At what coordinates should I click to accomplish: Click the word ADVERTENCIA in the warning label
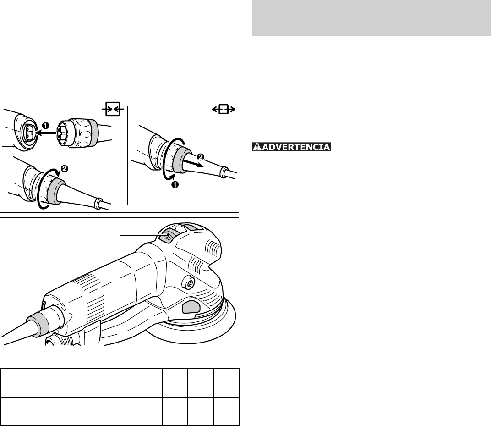click(296, 147)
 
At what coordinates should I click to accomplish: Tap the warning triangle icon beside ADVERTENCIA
click(257, 147)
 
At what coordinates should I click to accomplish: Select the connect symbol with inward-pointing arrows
click(113, 110)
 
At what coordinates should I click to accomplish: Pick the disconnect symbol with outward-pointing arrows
click(224, 109)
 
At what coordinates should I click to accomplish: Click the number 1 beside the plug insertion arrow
click(46, 126)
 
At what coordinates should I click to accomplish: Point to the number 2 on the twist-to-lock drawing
click(65, 169)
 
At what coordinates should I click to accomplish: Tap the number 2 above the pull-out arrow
click(201, 156)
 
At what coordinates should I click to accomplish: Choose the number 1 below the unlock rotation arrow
click(175, 185)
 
